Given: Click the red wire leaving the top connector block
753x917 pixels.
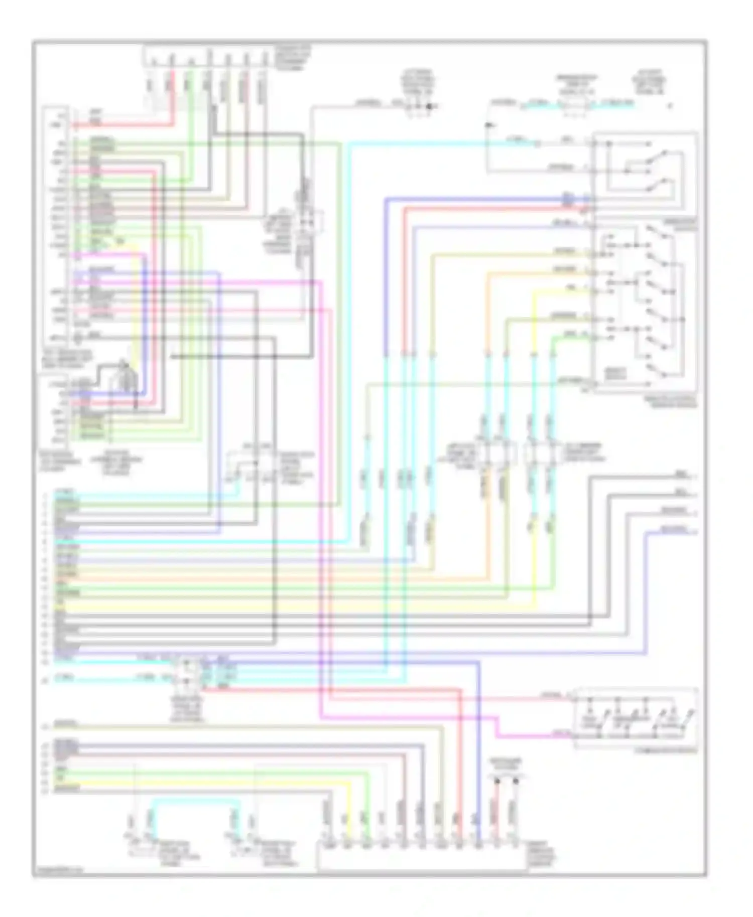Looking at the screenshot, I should [x=173, y=95].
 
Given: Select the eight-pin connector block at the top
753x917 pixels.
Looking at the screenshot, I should [x=208, y=56].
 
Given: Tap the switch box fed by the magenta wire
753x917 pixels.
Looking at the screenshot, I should [x=636, y=717].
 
